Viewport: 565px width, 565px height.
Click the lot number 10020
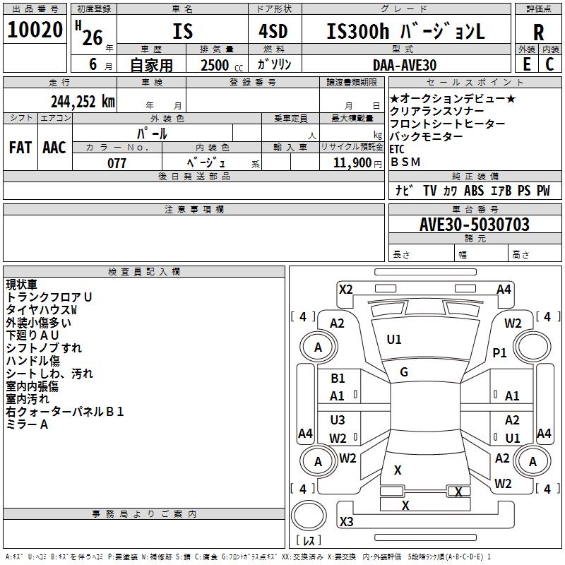35,30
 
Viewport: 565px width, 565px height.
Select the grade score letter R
538,32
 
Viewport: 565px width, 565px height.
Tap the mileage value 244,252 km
83,102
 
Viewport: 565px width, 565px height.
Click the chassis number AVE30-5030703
474,225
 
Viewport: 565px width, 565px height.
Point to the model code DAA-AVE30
404,65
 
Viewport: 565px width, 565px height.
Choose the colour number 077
117,163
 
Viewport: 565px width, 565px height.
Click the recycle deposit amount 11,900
352,163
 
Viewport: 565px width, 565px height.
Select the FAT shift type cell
20,148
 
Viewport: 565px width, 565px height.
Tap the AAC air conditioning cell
54,148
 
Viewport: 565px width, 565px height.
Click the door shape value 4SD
273,31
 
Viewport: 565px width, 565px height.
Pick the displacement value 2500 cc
222,65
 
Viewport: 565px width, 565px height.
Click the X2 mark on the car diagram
345,290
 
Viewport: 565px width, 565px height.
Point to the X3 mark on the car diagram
346,521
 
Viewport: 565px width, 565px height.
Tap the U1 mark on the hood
394,340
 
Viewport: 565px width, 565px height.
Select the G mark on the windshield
404,372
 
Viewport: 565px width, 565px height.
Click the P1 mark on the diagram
499,352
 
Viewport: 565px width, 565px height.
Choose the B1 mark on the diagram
338,379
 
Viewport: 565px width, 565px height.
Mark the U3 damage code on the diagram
338,420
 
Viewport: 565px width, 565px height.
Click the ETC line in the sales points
397,149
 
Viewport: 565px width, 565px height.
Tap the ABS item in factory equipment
473,191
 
